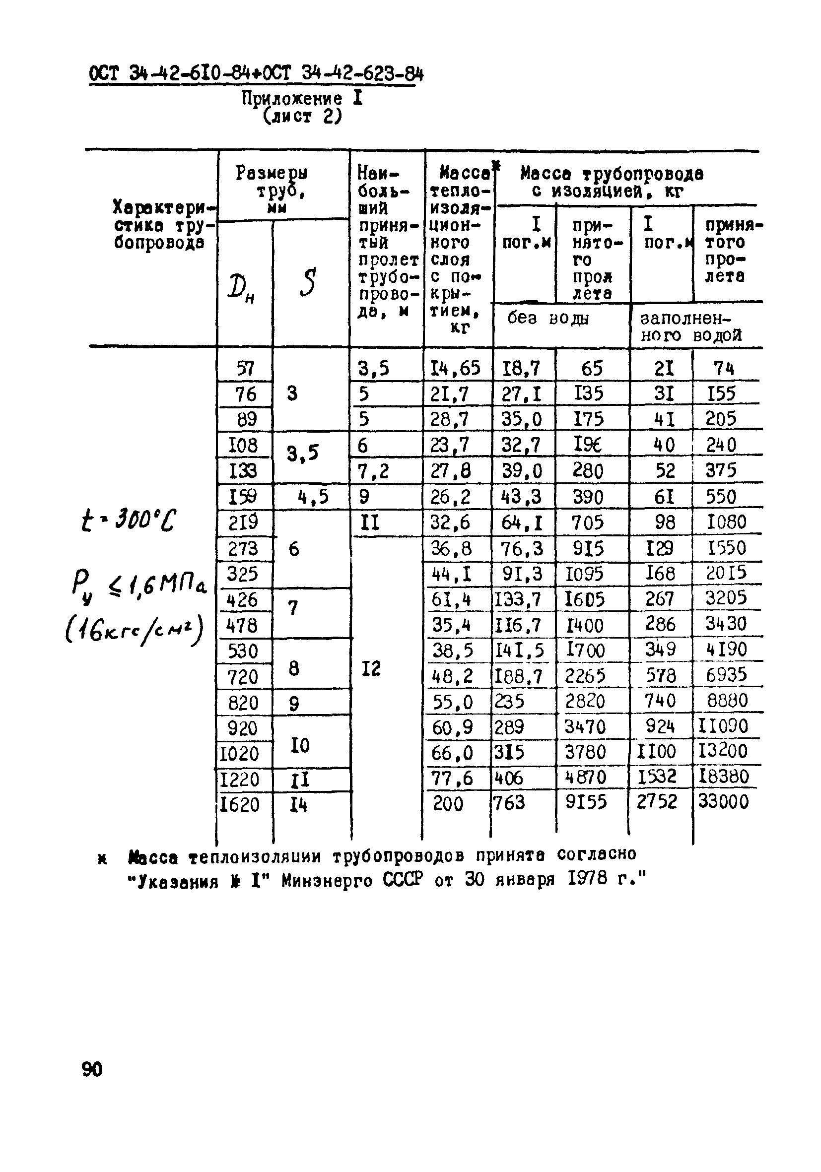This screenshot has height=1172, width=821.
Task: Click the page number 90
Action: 92,1068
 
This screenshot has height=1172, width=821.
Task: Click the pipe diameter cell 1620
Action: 239,805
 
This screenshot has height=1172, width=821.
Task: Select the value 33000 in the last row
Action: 723,801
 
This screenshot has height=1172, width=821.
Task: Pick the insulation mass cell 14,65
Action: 455,368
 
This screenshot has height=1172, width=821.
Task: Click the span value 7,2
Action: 373,471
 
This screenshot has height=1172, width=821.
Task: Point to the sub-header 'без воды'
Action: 548,319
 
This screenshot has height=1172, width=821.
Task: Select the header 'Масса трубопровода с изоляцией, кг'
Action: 612,183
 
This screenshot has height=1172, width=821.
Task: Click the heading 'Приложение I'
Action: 302,98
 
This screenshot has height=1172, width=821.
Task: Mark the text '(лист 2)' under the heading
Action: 302,117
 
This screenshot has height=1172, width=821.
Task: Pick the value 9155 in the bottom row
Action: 586,802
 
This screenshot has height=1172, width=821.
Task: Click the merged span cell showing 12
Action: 371,668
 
